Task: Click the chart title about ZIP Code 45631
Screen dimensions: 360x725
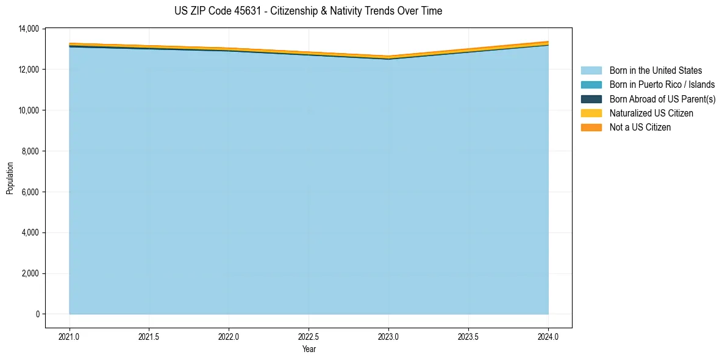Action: [x=308, y=11]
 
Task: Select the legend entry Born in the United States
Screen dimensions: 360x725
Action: [x=655, y=71]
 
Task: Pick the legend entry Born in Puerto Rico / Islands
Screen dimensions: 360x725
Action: [x=662, y=85]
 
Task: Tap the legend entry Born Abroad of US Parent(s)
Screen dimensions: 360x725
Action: [x=662, y=99]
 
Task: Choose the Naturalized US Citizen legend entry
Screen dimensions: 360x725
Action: [x=651, y=113]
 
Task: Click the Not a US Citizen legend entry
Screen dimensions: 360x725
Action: [x=640, y=128]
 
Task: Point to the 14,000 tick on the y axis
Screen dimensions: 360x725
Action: [x=29, y=29]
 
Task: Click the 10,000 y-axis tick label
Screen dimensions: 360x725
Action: [x=29, y=110]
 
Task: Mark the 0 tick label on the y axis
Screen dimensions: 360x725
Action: [x=37, y=314]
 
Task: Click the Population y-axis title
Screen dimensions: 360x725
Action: [x=10, y=178]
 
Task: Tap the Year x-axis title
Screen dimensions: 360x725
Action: [x=309, y=350]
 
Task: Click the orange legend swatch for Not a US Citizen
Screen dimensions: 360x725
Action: [x=591, y=128]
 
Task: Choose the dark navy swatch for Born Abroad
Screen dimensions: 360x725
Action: [x=591, y=99]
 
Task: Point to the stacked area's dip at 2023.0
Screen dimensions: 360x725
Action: [x=388, y=58]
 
